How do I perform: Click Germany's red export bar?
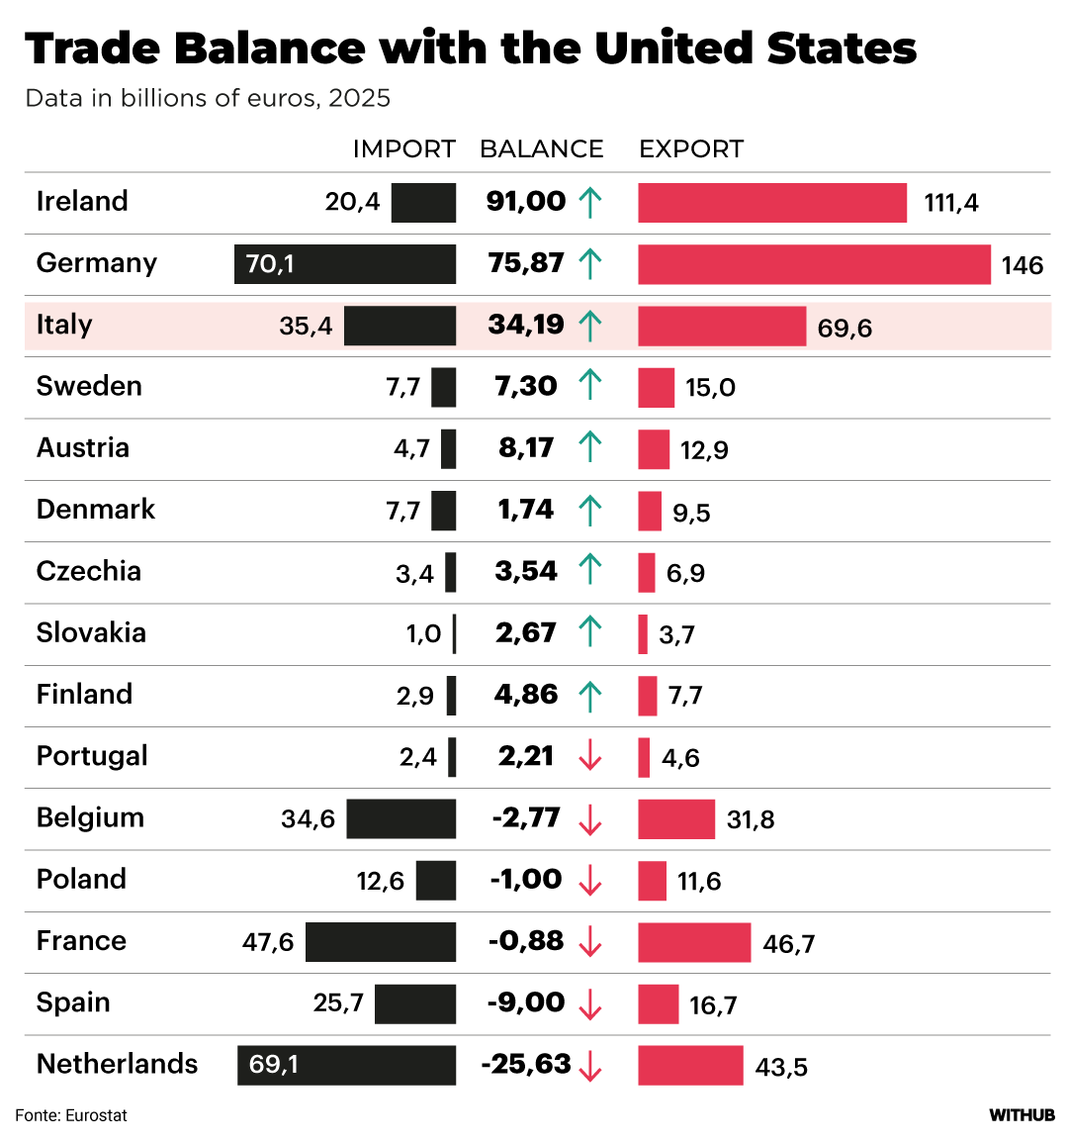pyautogui.click(x=814, y=264)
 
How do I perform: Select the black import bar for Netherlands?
pyautogui.click(x=346, y=1065)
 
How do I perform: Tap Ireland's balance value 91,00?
pyautogui.click(x=526, y=202)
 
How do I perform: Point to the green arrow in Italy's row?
pyautogui.click(x=590, y=326)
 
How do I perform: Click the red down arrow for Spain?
pyautogui.click(x=590, y=1004)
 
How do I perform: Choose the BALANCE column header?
pyautogui.click(x=541, y=149)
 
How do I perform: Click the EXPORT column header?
pyautogui.click(x=690, y=149)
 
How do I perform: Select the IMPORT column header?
pyautogui.click(x=403, y=149)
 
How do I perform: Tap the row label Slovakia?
pyautogui.click(x=91, y=633)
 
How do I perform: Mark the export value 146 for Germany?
pyautogui.click(x=1022, y=266)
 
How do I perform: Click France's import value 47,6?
pyautogui.click(x=268, y=942)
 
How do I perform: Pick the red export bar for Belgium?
pyautogui.click(x=676, y=819)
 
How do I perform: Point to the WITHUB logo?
pyautogui.click(x=1022, y=1115)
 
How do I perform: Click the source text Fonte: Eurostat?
pyautogui.click(x=71, y=1115)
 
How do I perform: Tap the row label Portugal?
pyautogui.click(x=92, y=756)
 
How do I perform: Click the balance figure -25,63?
pyautogui.click(x=526, y=1065)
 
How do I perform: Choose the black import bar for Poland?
pyautogui.click(x=436, y=881)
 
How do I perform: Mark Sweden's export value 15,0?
pyautogui.click(x=710, y=388)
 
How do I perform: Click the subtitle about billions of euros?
pyautogui.click(x=208, y=99)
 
